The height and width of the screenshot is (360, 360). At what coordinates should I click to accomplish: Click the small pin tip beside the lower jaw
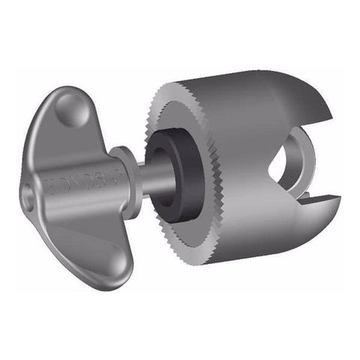[304, 196]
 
